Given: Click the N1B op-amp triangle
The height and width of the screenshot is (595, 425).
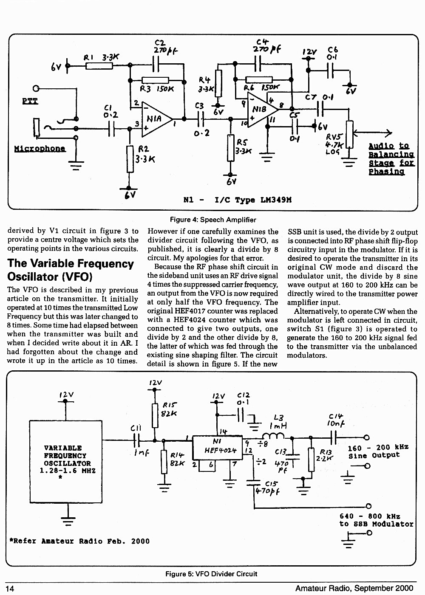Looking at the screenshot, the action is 262,110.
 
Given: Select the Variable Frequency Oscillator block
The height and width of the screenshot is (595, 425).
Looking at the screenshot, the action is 65,461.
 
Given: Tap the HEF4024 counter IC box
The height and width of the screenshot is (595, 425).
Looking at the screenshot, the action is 217,447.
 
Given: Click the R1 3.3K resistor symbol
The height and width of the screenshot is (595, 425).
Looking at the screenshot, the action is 99,65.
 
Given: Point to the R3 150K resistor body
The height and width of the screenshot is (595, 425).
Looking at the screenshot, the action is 155,80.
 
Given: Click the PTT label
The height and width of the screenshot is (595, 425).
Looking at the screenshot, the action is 30,101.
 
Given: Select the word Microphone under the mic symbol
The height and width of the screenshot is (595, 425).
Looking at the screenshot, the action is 40,149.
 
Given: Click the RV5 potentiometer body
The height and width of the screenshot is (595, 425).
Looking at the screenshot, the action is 349,134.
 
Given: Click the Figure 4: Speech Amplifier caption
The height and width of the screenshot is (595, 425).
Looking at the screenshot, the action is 213,220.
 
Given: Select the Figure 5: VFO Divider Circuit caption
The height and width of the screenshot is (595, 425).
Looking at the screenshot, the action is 211,574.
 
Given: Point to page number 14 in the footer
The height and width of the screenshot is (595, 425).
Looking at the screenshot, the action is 10,589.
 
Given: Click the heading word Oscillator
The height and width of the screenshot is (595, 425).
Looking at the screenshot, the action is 32,277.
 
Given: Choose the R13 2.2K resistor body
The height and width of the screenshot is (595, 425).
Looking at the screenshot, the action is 311,460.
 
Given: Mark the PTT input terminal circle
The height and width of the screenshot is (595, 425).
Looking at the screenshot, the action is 36,88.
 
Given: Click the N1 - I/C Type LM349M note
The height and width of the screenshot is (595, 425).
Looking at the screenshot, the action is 237,200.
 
